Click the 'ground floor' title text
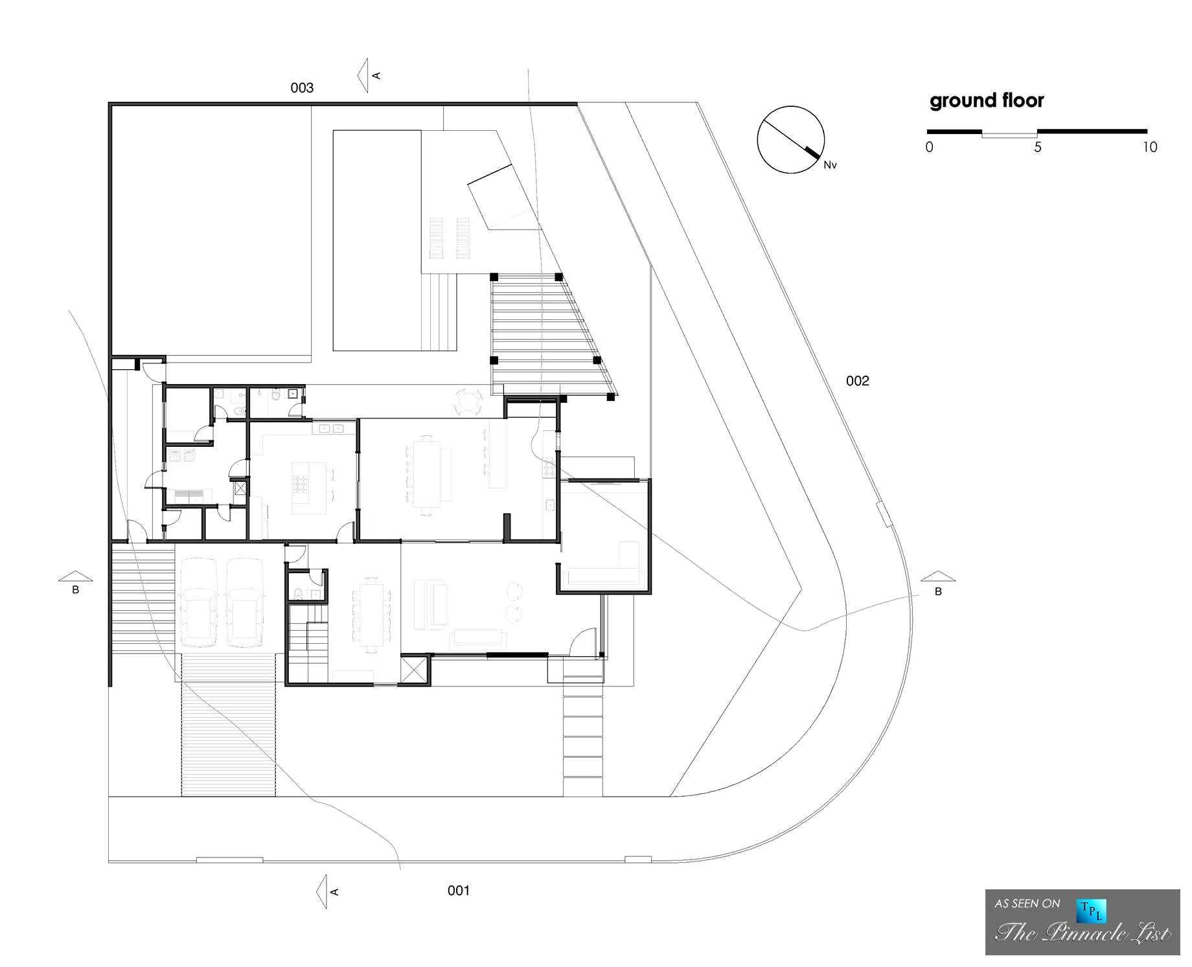pyautogui.click(x=987, y=101)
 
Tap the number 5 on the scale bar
pyautogui.click(x=1038, y=147)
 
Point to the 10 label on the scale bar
pyautogui.click(x=1150, y=147)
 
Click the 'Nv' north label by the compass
pyautogui.click(x=830, y=165)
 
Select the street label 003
pyautogui.click(x=302, y=87)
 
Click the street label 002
pyautogui.click(x=857, y=381)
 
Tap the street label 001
pyautogui.click(x=458, y=891)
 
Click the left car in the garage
pyautogui.click(x=199, y=602)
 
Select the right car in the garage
pyautogui.click(x=246, y=602)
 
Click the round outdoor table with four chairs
pyautogui.click(x=468, y=402)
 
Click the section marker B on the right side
pyautogui.click(x=937, y=582)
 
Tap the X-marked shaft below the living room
pyautogui.click(x=415, y=669)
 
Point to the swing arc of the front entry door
pyautogui.click(x=583, y=641)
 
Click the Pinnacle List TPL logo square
pyautogui.click(x=1091, y=911)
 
